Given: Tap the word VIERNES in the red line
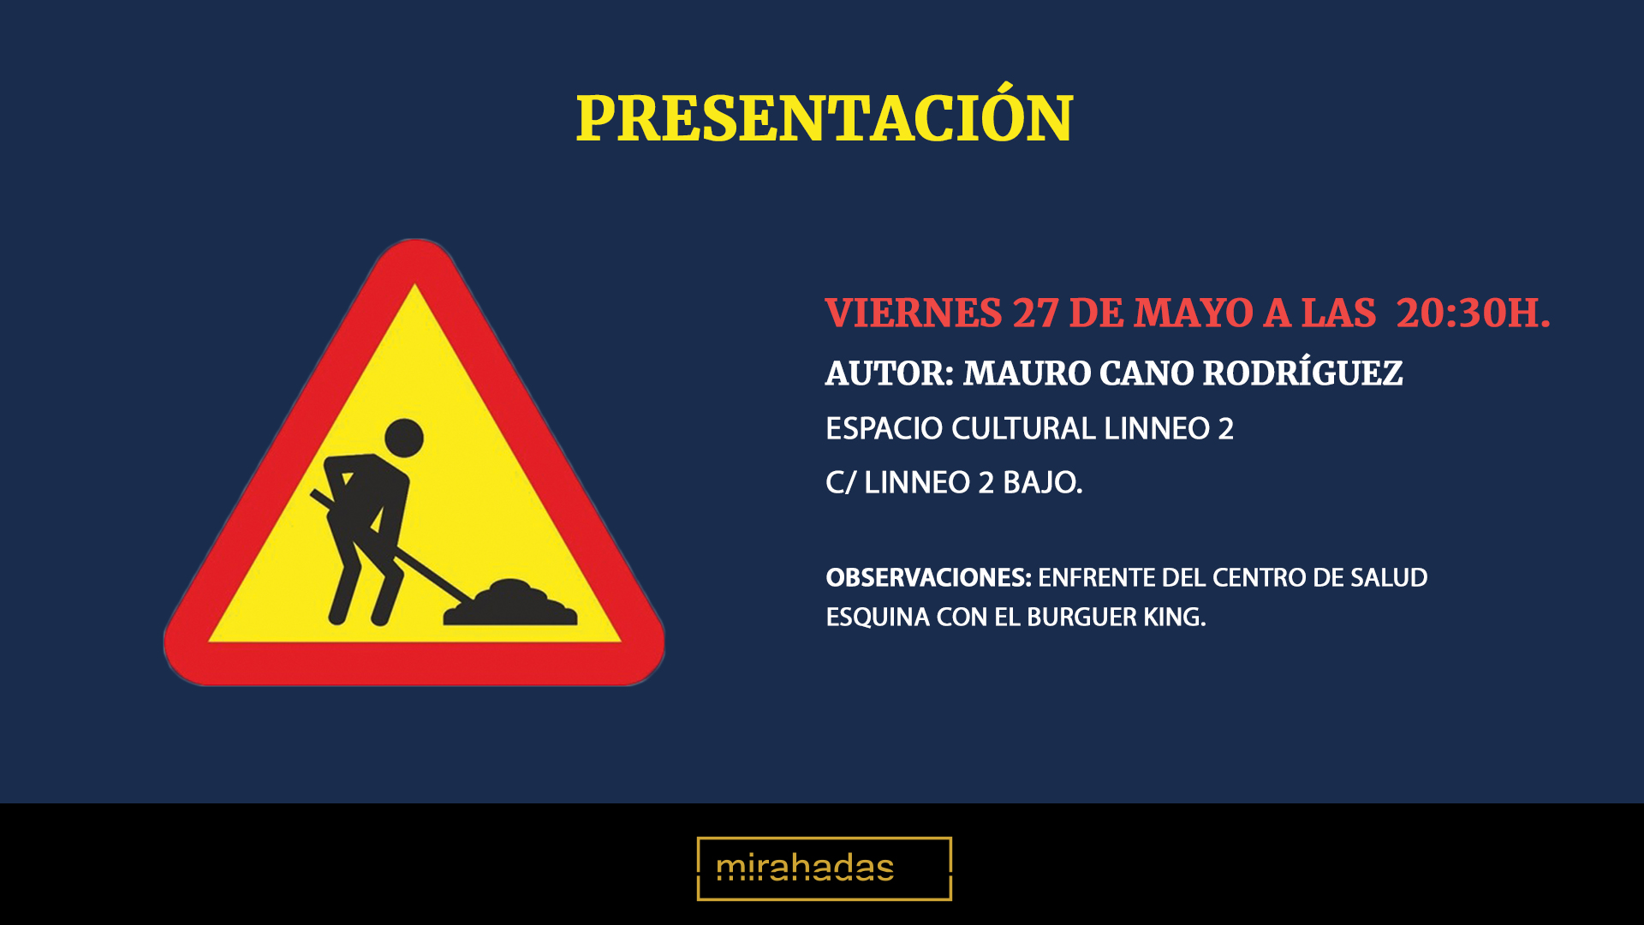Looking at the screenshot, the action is [x=913, y=313].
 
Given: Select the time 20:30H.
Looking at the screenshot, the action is [x=1473, y=313].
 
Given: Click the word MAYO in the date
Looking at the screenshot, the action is [x=1194, y=313].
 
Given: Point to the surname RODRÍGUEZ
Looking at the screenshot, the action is [x=1302, y=373].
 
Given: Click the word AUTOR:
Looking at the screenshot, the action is [x=889, y=373].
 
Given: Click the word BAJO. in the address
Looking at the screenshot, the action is [x=1043, y=483].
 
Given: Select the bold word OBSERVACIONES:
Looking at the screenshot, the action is [x=928, y=578].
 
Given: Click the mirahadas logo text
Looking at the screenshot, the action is [x=805, y=868].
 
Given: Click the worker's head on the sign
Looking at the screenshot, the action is [x=404, y=438].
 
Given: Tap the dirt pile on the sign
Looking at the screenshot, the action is [x=510, y=602].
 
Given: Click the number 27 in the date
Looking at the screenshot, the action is [x=1035, y=313].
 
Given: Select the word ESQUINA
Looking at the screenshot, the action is [x=877, y=618].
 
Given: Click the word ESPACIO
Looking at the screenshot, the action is [x=884, y=428].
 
